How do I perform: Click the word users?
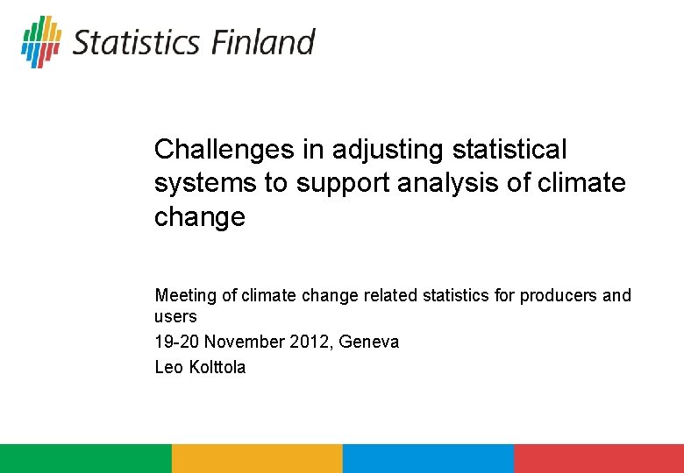pyautogui.click(x=175, y=316)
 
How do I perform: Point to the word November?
pyautogui.click(x=247, y=342)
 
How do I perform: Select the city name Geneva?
pyautogui.click(x=370, y=342)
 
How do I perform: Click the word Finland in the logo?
pyautogui.click(x=260, y=42)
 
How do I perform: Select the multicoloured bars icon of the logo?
pyautogui.click(x=41, y=41)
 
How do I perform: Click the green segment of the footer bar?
pyautogui.click(x=85, y=458)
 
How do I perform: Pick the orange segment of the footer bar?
pyautogui.click(x=257, y=458)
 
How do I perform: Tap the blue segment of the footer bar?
pyautogui.click(x=428, y=458)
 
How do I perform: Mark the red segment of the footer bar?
pyautogui.click(x=599, y=458)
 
